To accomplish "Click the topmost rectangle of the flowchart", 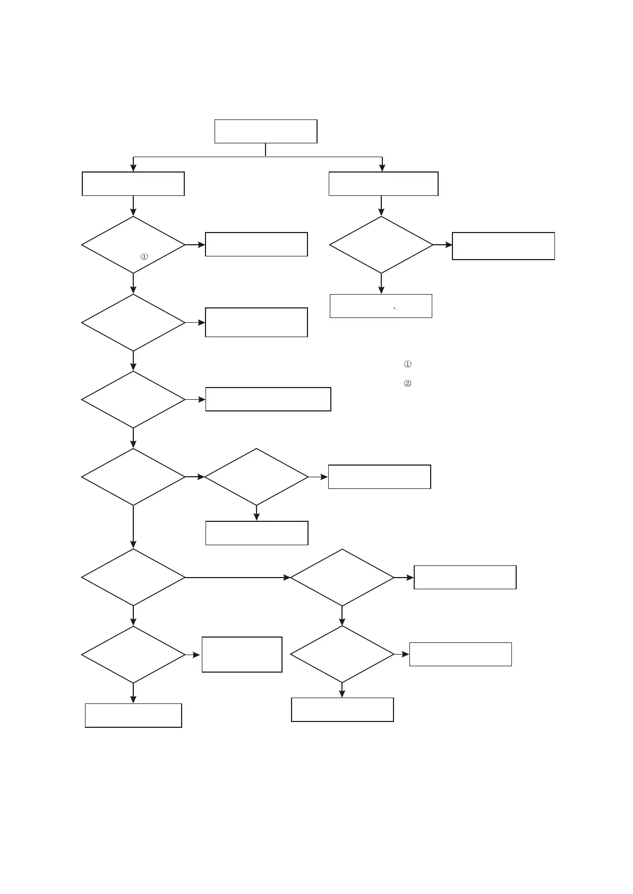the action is pyautogui.click(x=266, y=131).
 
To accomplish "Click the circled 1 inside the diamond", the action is pyautogui.click(x=144, y=257).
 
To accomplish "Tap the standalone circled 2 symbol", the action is pyautogui.click(x=408, y=383).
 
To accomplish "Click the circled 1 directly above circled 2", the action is pyautogui.click(x=408, y=364).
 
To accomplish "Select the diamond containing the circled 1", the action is pyautogui.click(x=133, y=245).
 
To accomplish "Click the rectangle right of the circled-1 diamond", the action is pyautogui.click(x=256, y=244).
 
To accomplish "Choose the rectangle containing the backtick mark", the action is pyautogui.click(x=381, y=306).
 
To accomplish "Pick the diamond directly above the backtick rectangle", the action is pyautogui.click(x=381, y=245).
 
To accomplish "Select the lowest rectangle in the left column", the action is pyautogui.click(x=133, y=715).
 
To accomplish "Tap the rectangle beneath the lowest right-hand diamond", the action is pyautogui.click(x=343, y=710).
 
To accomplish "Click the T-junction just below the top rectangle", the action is pyautogui.click(x=266, y=157).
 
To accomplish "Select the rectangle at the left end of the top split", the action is pyautogui.click(x=133, y=184).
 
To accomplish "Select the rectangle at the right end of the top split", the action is pyautogui.click(x=383, y=184).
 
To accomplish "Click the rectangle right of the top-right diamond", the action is pyautogui.click(x=503, y=246).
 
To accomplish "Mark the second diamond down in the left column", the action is pyautogui.click(x=133, y=322).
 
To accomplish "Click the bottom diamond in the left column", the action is pyautogui.click(x=133, y=655).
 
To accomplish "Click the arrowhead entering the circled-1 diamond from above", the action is pyautogui.click(x=133, y=212).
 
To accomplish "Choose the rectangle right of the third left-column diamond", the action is pyautogui.click(x=268, y=399).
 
